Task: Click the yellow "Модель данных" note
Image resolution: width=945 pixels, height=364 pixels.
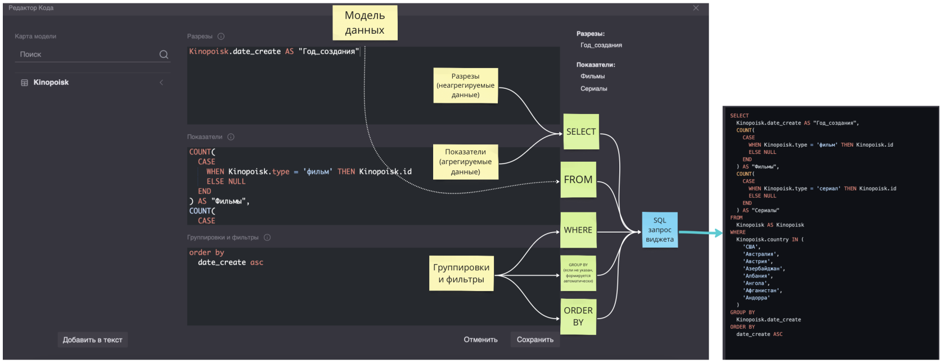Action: tap(364, 23)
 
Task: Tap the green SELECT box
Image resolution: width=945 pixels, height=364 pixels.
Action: tap(580, 131)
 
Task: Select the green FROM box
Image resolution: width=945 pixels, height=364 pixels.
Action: tap(578, 180)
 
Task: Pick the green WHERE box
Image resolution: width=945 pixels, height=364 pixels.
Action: tap(578, 230)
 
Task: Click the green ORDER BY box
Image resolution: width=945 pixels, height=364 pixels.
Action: tap(578, 316)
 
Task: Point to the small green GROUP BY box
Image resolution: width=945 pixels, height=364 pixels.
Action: tap(578, 273)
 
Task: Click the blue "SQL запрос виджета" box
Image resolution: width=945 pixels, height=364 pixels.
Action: tap(659, 230)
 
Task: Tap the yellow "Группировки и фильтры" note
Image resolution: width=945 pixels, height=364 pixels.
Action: tap(461, 274)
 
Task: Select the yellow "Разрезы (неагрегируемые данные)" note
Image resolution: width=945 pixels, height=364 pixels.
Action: tap(465, 85)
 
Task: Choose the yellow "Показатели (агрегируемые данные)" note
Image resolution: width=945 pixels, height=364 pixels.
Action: tap(465, 162)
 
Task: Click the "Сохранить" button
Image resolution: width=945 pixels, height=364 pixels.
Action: tap(535, 340)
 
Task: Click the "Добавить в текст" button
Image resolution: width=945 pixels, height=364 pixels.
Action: tap(92, 340)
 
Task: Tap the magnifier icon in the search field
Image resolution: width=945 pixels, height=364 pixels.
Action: tap(164, 54)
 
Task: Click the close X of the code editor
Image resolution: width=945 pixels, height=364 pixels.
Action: tap(696, 8)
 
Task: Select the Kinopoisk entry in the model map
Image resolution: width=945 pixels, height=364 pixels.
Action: tap(51, 83)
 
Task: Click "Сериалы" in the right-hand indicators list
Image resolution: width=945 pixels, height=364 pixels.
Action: tap(593, 89)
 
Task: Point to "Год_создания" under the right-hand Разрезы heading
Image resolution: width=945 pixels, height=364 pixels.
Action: tap(601, 46)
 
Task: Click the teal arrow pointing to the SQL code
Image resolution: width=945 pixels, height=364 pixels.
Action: tap(701, 233)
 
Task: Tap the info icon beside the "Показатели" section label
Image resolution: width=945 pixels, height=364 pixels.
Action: tap(231, 137)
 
